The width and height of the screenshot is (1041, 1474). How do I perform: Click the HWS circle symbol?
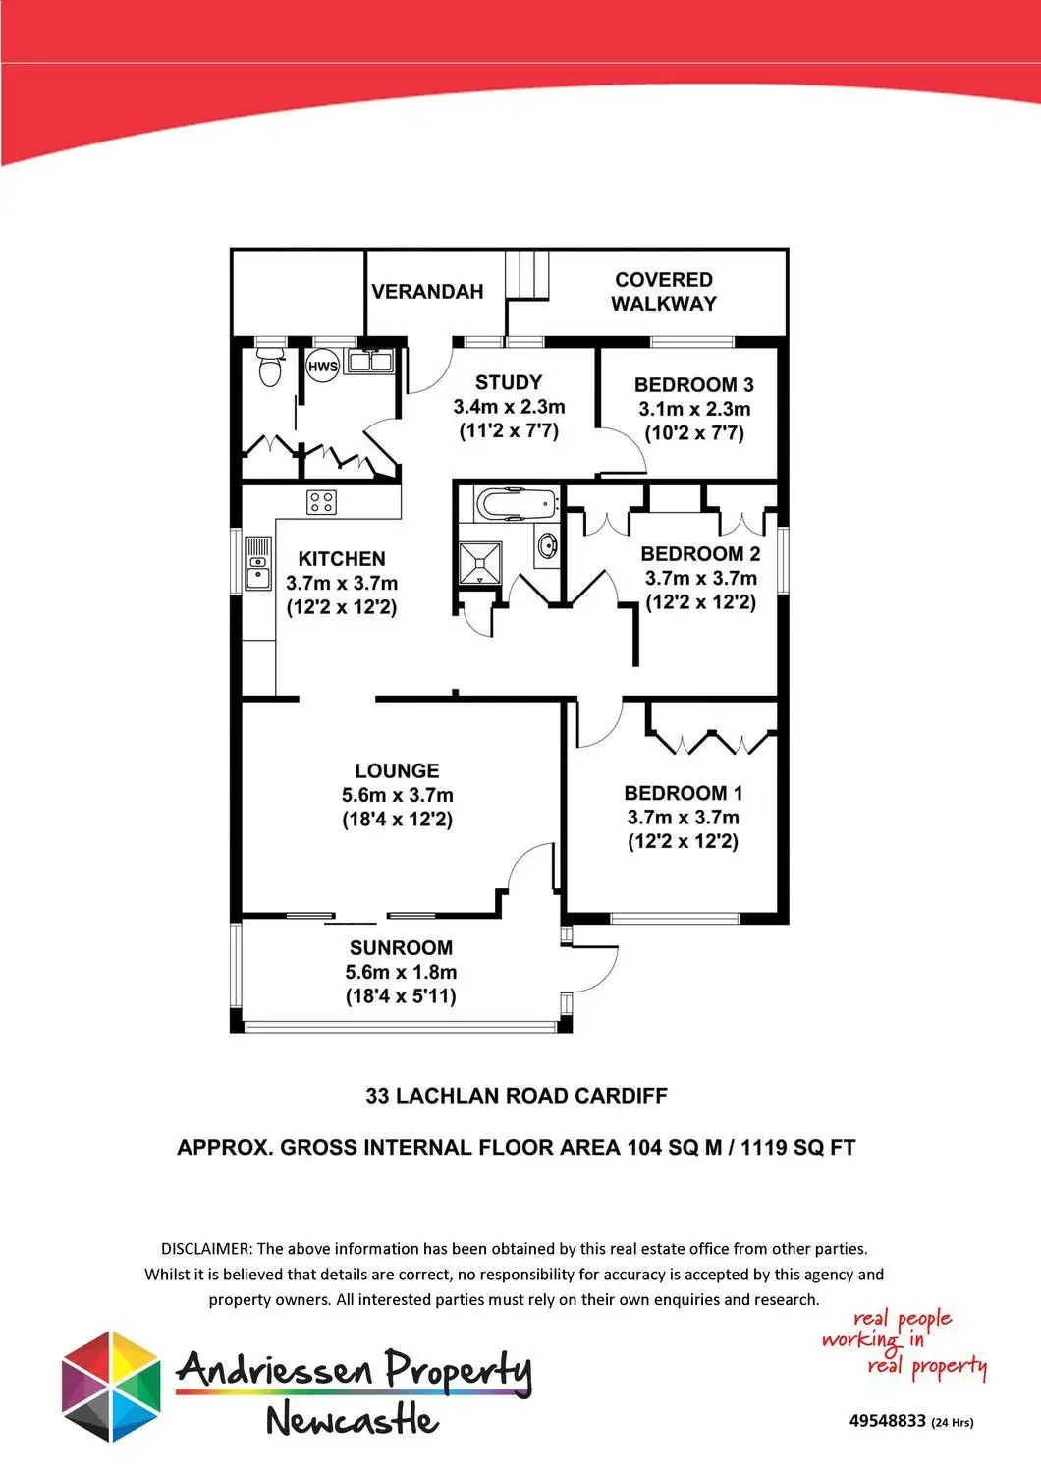(322, 367)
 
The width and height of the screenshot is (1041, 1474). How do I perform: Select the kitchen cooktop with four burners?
(321, 502)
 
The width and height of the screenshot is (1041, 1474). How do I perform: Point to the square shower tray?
(480, 562)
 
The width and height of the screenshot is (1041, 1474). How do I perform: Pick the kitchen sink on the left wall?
(257, 564)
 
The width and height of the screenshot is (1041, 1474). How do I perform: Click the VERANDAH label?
(427, 291)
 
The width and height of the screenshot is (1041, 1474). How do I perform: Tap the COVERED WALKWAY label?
(664, 292)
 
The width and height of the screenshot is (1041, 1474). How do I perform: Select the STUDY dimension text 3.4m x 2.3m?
(509, 407)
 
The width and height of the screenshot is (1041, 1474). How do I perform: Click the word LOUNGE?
(397, 771)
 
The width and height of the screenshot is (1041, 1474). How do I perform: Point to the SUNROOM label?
(401, 948)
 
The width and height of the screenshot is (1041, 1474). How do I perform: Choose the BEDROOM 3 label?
(693, 385)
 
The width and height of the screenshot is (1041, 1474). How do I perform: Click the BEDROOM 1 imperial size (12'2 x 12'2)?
(683, 841)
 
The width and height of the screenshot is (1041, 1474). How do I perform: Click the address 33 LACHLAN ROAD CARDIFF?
(517, 1096)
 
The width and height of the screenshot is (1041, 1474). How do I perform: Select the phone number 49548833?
(888, 1421)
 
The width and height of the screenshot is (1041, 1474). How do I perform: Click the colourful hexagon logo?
(110, 1387)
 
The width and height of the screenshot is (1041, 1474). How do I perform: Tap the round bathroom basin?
(546, 543)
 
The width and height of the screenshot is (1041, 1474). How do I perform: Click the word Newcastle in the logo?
(352, 1419)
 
